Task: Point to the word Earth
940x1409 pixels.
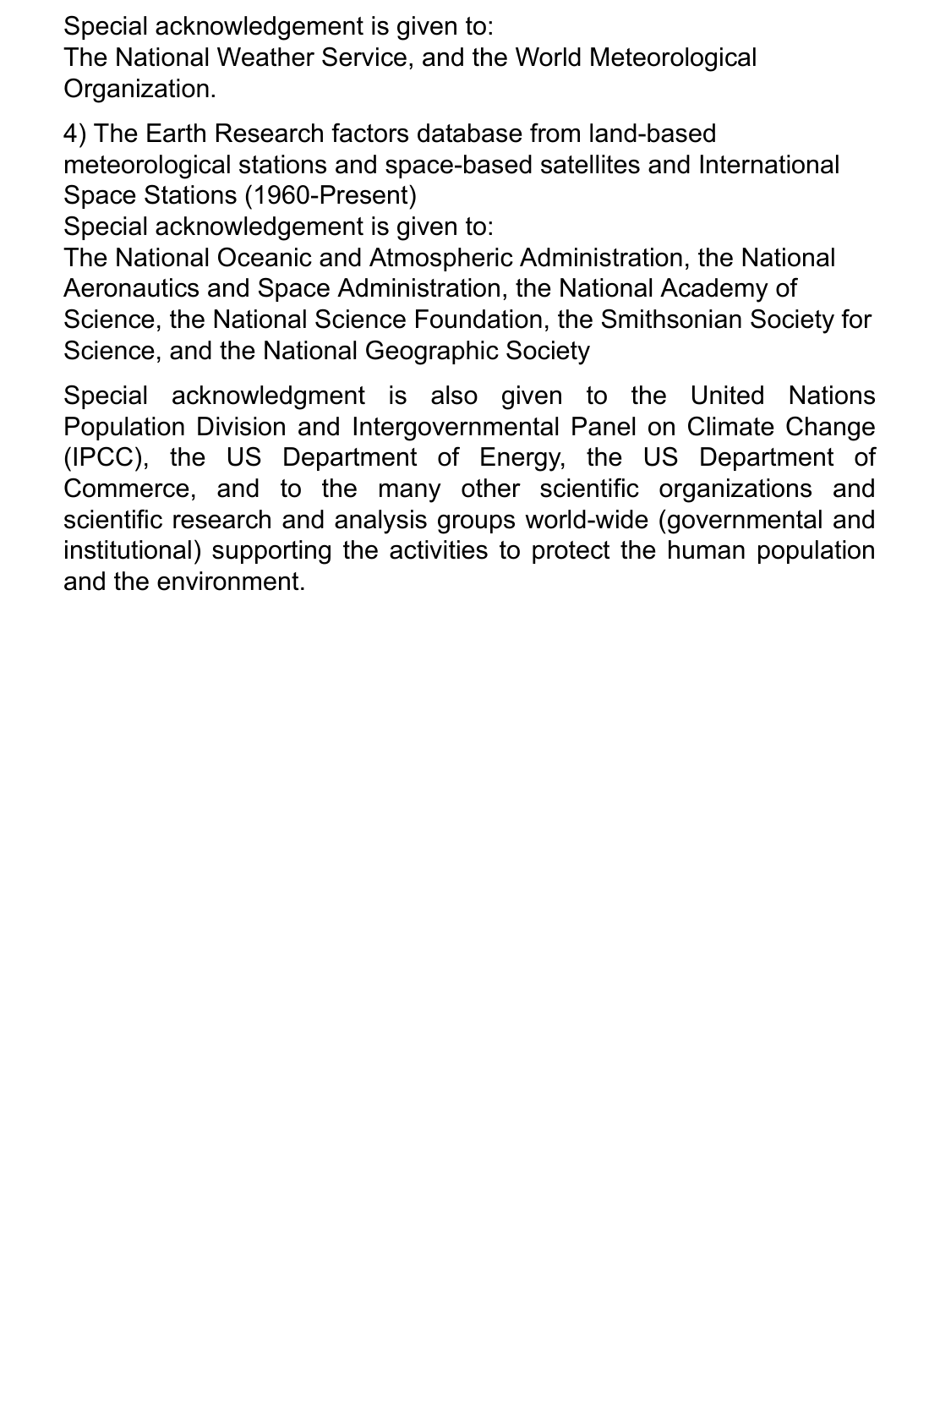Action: [176, 134]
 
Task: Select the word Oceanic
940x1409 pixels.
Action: [264, 257]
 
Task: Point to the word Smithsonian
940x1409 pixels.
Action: [661, 319]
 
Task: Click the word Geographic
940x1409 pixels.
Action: [429, 351]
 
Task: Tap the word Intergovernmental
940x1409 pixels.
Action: [456, 426]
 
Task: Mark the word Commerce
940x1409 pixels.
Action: [127, 489]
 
